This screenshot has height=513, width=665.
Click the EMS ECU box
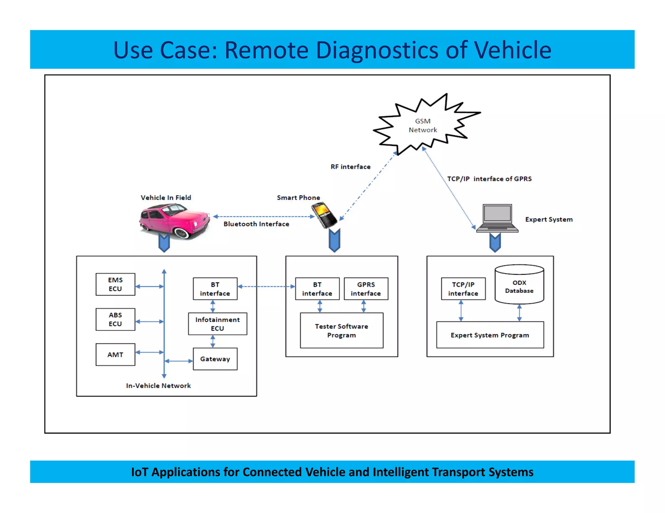115,284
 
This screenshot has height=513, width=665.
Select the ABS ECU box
115,319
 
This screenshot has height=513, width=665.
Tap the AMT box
115,354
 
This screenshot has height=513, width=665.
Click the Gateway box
215,359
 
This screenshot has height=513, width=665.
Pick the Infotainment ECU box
217,324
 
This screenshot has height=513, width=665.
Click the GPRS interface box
366,289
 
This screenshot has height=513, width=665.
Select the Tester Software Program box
341,330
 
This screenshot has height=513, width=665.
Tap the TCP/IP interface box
463,289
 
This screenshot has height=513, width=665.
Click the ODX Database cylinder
519,285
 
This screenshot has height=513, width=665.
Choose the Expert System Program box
490,335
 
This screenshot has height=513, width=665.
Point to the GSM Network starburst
423,125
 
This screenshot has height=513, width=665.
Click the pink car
174,221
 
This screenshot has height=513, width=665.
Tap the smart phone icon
324,215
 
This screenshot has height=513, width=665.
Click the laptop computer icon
497,218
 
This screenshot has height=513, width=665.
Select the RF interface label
350,167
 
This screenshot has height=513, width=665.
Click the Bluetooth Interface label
256,224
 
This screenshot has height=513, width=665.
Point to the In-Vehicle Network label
158,386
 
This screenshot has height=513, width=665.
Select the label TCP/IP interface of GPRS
489,179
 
